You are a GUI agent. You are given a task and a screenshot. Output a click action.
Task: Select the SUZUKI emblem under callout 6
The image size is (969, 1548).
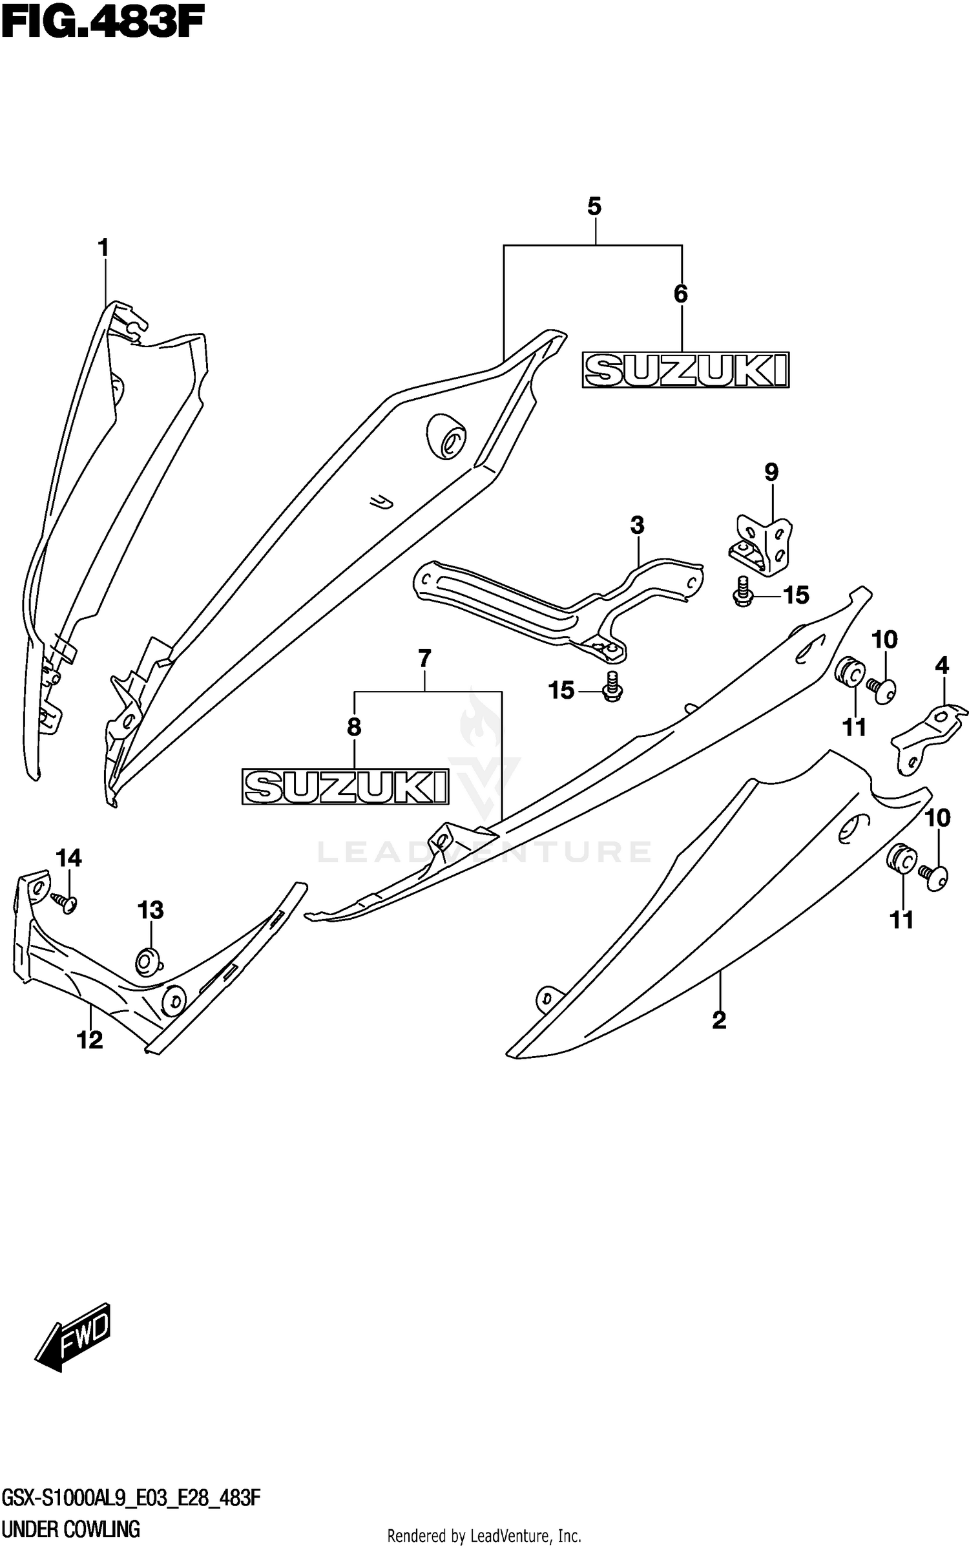[685, 370]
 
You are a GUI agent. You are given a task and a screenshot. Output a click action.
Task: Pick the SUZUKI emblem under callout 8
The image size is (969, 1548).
[345, 786]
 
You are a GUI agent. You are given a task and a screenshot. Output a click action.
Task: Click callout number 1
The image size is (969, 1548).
[103, 248]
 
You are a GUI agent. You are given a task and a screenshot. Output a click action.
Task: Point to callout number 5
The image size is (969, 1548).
[594, 207]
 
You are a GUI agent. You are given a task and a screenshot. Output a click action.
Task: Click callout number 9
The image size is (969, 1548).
[771, 472]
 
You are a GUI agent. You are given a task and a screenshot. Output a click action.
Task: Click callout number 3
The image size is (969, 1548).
[637, 525]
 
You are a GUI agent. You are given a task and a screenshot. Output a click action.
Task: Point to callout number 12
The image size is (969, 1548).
[89, 1040]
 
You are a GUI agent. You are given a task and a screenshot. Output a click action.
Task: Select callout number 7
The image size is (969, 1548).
[424, 659]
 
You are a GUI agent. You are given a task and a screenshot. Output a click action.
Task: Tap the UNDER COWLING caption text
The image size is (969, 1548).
[71, 1530]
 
